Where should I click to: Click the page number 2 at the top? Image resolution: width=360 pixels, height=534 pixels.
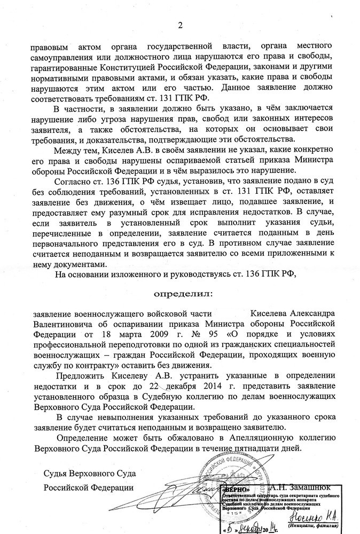(180, 23)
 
